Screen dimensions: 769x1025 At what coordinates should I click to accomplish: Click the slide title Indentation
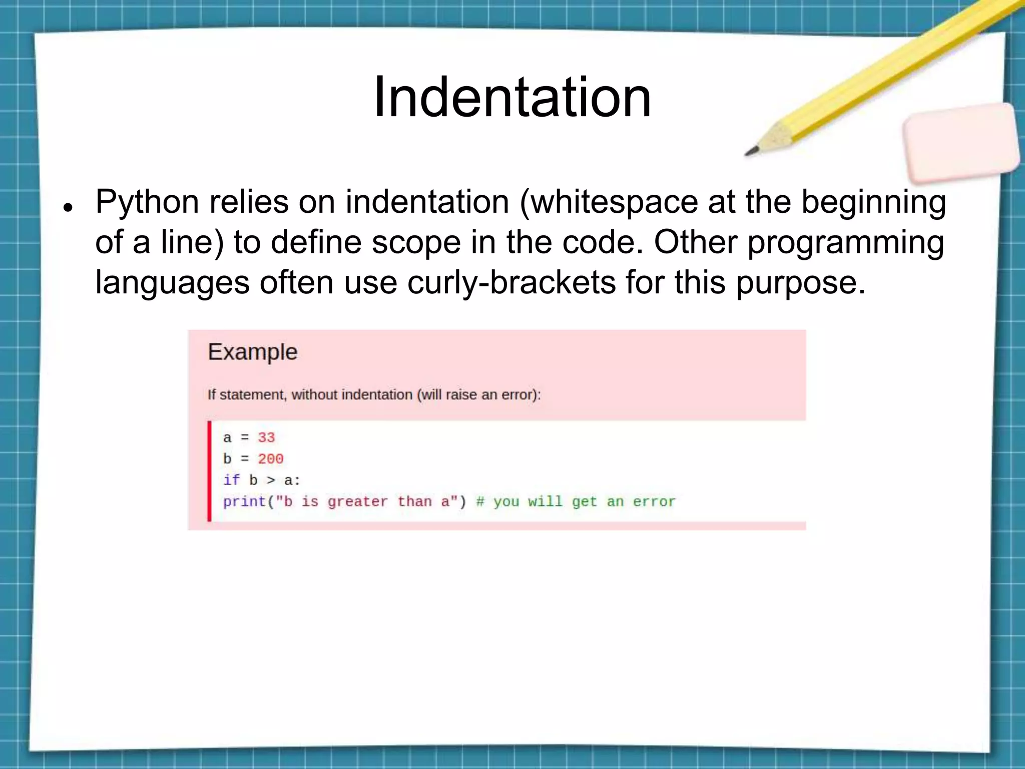tap(512, 97)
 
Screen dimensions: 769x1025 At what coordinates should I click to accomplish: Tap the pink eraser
tap(961, 143)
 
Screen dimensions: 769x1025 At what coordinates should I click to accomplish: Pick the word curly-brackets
tap(511, 282)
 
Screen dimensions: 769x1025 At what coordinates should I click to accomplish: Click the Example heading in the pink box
tap(252, 352)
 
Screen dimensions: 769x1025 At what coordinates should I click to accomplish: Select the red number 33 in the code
tap(266, 438)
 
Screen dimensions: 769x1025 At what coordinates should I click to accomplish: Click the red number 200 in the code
tap(270, 459)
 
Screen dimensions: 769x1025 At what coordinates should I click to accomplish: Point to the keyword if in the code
tap(231, 480)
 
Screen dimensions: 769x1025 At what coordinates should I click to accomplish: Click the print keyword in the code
tap(244, 502)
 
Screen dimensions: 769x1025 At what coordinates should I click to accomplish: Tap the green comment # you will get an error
tap(576, 502)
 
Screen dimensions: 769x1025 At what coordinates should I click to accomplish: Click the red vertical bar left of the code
tap(210, 471)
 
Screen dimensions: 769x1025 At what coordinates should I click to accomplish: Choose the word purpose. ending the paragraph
tap(800, 282)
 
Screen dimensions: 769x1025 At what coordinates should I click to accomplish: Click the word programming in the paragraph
tap(846, 242)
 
